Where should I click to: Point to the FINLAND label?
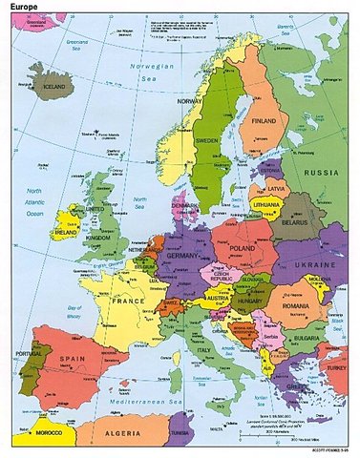click(264, 122)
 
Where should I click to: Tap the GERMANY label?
click(180, 255)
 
